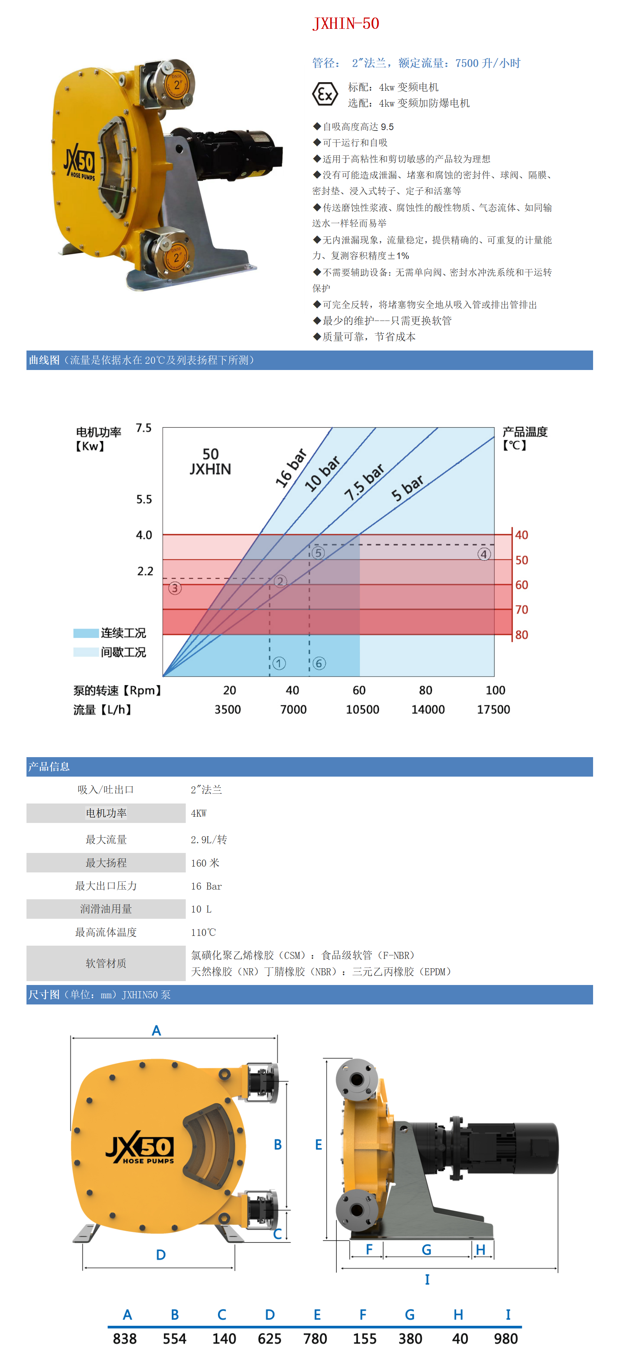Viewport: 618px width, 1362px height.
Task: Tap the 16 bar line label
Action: click(x=291, y=467)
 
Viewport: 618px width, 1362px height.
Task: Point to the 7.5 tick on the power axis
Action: click(x=144, y=428)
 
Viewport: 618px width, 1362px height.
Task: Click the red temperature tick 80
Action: click(x=521, y=634)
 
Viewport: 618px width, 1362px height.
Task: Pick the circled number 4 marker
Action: click(x=484, y=554)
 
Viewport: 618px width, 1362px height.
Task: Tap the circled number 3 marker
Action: click(x=175, y=588)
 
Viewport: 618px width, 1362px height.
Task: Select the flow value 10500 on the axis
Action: click(x=362, y=710)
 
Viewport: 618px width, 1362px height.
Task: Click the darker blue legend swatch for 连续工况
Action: click(x=86, y=633)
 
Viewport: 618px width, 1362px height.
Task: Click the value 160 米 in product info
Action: click(x=205, y=863)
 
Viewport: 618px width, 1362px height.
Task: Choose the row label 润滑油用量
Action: click(x=106, y=909)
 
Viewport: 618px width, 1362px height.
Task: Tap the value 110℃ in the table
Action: click(x=203, y=932)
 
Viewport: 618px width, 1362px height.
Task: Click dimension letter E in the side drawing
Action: click(x=318, y=1144)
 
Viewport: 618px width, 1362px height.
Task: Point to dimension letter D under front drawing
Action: click(x=161, y=1255)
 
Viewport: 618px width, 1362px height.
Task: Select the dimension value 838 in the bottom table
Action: click(x=125, y=1339)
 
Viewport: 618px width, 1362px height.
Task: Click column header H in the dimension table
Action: click(x=458, y=1314)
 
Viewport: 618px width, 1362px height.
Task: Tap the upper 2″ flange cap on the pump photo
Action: click(x=176, y=84)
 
